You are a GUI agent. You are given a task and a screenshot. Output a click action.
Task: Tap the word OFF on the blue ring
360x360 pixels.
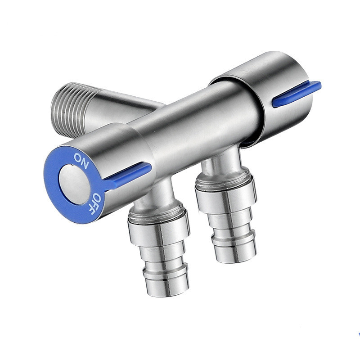(97, 203)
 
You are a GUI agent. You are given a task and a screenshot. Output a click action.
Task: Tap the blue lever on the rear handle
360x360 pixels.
(297, 94)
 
